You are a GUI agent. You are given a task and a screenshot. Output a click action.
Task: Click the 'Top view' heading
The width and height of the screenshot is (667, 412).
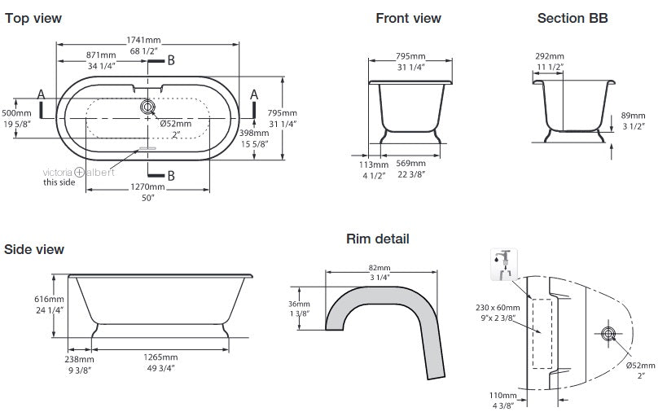coord(33,18)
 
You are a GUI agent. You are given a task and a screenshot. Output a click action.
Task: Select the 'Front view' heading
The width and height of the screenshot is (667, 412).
coord(408,18)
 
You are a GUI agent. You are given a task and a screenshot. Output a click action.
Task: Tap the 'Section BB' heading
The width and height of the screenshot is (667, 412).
coord(572,18)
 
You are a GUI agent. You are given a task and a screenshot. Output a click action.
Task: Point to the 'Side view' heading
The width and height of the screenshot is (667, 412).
coord(34,249)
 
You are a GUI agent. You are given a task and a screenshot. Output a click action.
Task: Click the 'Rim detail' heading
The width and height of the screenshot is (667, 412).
coord(377,239)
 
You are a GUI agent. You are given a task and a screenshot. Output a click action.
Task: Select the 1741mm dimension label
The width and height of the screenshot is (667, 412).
coord(143,40)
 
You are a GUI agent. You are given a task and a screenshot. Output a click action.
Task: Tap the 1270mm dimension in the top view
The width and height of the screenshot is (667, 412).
coord(147,186)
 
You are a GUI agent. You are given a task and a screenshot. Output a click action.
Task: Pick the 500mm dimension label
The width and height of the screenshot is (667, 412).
coord(16,113)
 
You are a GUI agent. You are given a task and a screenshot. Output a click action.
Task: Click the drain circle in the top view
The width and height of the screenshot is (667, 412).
coord(147,107)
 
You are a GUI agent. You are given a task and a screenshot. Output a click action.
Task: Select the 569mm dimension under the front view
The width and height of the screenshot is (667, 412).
coord(410,162)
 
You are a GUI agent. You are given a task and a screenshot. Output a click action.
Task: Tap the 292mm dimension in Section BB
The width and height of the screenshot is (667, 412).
coord(547,56)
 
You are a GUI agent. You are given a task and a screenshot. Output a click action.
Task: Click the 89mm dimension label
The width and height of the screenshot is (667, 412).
coord(632,116)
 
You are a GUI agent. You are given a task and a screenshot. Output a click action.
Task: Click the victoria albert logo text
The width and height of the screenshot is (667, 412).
coord(78,172)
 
